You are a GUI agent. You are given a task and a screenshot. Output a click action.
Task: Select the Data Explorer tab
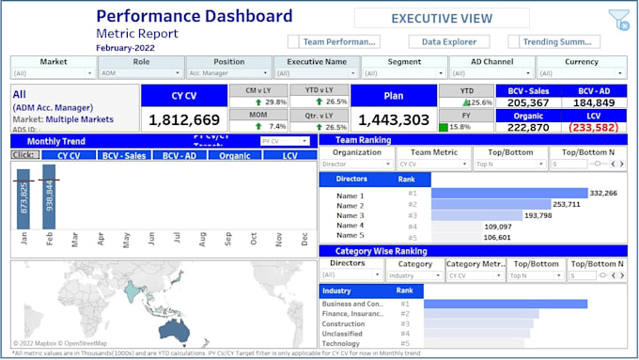[x=447, y=41]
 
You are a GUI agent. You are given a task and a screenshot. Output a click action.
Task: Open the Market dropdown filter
[x=54, y=72]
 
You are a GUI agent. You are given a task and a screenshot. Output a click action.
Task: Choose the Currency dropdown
[x=580, y=72]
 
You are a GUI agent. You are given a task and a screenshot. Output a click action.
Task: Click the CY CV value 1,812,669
[x=184, y=119]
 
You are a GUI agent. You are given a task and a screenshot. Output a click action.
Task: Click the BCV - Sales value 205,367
[x=527, y=103]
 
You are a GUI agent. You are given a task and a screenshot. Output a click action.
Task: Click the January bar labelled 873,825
[x=24, y=198]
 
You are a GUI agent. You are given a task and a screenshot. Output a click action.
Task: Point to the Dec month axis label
[x=304, y=239]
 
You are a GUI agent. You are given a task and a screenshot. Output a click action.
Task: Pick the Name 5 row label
[x=350, y=235]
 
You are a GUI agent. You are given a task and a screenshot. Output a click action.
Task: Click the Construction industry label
[x=344, y=323]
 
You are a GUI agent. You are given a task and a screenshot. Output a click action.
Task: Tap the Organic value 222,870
[x=527, y=127]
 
